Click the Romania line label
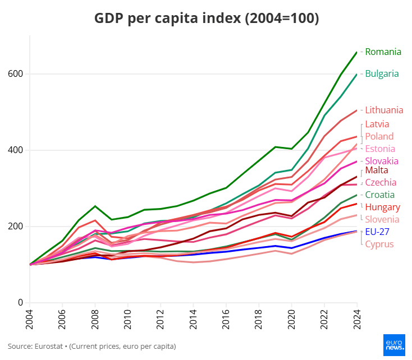click(383, 52)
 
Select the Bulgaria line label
click(382, 73)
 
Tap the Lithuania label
click(384, 110)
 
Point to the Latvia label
click(377, 124)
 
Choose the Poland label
click(379, 137)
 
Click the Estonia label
click(380, 149)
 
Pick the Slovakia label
click(381, 161)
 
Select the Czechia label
click(381, 183)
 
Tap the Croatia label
click(379, 195)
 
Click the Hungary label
click(382, 207)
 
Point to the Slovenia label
click(382, 220)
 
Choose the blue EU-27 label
click(378, 232)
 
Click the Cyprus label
click(379, 244)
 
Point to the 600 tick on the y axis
click(15, 74)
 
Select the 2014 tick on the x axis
click(194, 319)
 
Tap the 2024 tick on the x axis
click(357, 319)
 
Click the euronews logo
click(394, 344)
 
